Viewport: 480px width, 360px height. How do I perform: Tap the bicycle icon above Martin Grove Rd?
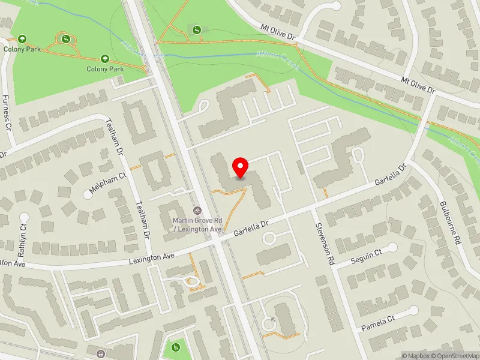coord(197,210)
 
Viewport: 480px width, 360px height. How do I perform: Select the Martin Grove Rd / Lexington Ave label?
coord(197,224)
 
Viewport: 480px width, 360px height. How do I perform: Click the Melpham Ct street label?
coord(109,184)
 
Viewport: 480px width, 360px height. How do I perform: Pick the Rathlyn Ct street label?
coord(23,236)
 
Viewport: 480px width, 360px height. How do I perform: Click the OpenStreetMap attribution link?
coord(454,356)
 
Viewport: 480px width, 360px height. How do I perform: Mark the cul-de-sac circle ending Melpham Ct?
coord(88,194)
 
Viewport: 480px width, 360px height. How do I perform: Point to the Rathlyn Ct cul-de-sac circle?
coord(24,217)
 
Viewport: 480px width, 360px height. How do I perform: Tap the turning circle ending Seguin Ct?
coord(392,247)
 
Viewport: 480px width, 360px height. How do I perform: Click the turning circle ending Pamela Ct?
coord(413,310)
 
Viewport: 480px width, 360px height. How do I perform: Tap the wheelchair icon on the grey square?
coord(196,29)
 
